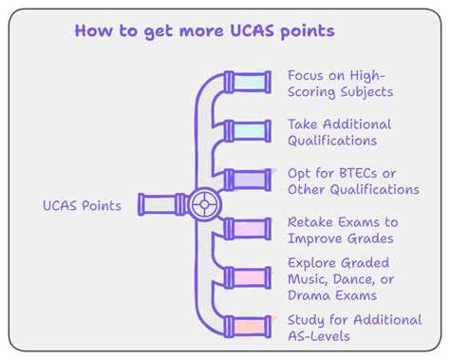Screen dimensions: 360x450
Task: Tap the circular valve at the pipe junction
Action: [x=202, y=203]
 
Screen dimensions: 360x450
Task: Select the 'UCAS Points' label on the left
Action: [x=82, y=205]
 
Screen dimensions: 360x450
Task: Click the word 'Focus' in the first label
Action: [x=309, y=75]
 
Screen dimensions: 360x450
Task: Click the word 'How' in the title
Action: [x=93, y=31]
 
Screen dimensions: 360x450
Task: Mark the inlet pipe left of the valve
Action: [x=161, y=203]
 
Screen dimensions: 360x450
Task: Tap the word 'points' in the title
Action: [x=309, y=31]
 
